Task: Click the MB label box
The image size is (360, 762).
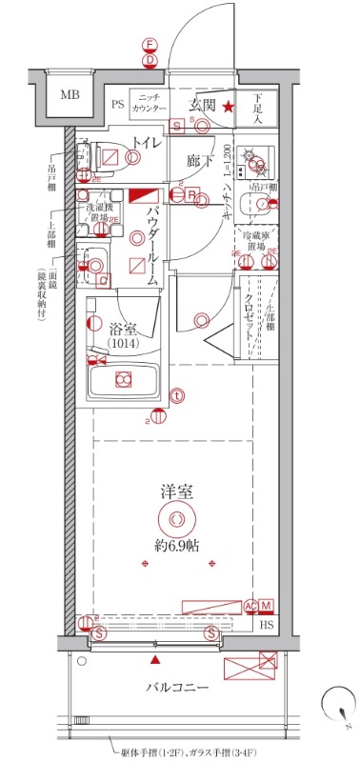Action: (70, 95)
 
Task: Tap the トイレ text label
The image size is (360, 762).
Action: (146, 144)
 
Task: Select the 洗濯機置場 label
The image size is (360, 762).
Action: (98, 211)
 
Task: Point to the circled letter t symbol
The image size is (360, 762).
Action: (177, 396)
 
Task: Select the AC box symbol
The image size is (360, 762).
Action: (250, 606)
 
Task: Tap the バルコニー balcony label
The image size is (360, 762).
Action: (177, 687)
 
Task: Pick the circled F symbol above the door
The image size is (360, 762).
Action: (150, 45)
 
